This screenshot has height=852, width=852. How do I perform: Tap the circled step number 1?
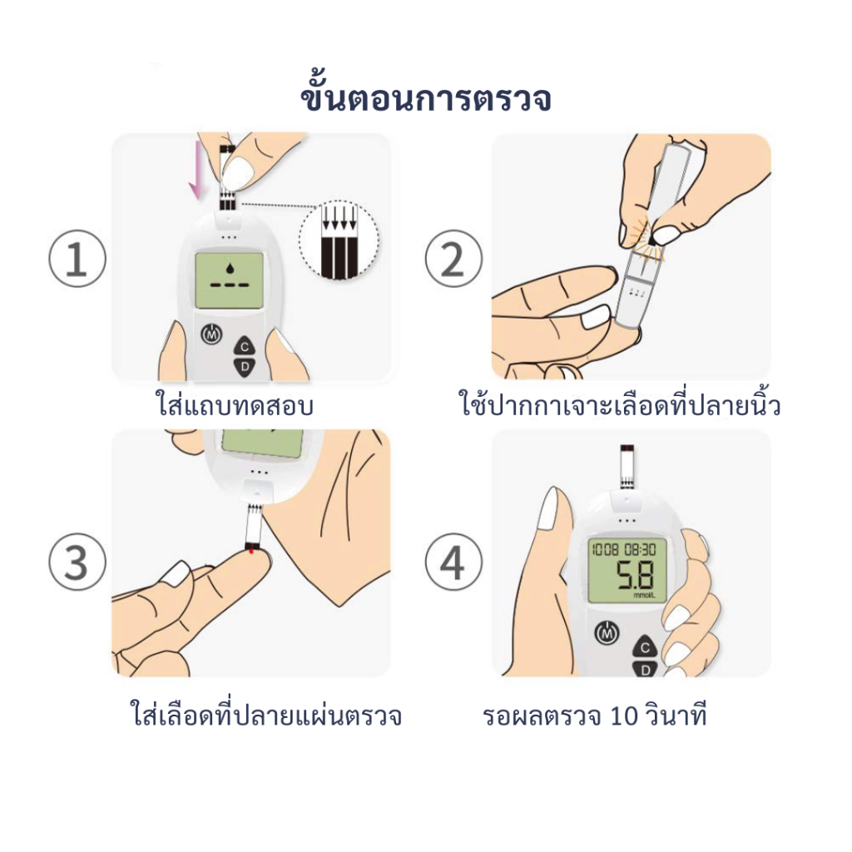(77, 259)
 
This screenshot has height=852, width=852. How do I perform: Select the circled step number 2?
(453, 259)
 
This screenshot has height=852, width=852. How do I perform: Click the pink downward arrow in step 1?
(196, 170)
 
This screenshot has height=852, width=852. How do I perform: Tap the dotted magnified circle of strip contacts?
(339, 240)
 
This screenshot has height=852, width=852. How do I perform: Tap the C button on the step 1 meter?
(245, 346)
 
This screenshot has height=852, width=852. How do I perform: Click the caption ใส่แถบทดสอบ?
(235, 406)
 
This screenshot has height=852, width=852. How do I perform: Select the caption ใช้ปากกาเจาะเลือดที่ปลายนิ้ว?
(620, 404)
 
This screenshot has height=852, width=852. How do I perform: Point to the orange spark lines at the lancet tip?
(648, 236)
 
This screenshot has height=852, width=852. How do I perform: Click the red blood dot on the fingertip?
(251, 552)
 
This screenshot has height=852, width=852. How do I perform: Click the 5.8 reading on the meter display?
(635, 576)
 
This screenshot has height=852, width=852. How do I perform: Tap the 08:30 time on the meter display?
(640, 549)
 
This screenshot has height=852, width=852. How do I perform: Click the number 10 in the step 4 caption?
(623, 716)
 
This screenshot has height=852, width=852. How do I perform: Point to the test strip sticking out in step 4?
(627, 467)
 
